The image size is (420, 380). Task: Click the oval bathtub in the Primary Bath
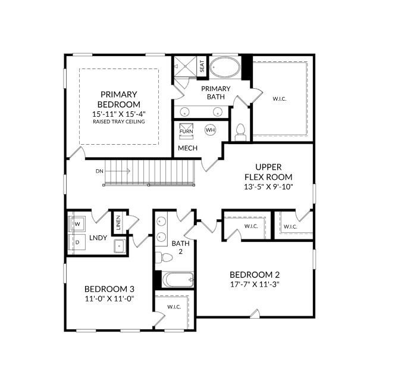pyautogui.click(x=225, y=67)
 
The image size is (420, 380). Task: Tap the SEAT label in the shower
pyautogui.click(x=202, y=66)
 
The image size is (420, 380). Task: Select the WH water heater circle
pyautogui.click(x=210, y=130)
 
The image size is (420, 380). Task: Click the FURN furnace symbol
pyautogui.click(x=186, y=131)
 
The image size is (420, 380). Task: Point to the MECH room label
pyautogui.click(x=187, y=148)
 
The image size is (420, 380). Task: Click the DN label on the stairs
pyautogui.click(x=99, y=171)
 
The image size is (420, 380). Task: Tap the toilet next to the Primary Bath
pyautogui.click(x=240, y=132)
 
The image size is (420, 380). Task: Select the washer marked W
pyautogui.click(x=77, y=224)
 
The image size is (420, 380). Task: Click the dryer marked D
pyautogui.click(x=77, y=242)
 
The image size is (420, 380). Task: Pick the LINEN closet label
pyautogui.click(x=118, y=223)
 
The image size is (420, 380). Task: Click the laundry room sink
pyautogui.click(x=119, y=246)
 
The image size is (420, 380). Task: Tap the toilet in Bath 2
pyautogui.click(x=164, y=258)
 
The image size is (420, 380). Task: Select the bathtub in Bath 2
pyautogui.click(x=178, y=280)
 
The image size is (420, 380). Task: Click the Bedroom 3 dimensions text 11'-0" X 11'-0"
pyautogui.click(x=109, y=298)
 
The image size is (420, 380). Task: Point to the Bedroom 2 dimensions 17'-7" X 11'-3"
pyautogui.click(x=255, y=284)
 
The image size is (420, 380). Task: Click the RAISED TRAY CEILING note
pyautogui.click(x=119, y=122)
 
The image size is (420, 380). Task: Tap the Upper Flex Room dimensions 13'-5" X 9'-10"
pyautogui.click(x=268, y=186)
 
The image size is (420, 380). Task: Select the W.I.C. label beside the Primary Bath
pyautogui.click(x=280, y=99)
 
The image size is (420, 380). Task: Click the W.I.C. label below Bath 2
pyautogui.click(x=174, y=307)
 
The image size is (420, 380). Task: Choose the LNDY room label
pyautogui.click(x=98, y=238)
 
